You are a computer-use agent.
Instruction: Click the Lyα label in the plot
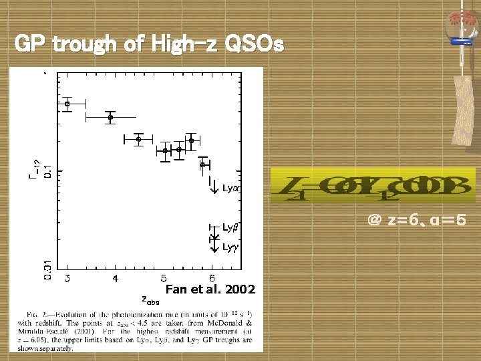[231, 189]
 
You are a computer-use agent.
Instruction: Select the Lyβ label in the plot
[231, 228]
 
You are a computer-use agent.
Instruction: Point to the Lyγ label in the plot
[230, 247]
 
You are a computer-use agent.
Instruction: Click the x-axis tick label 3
[67, 278]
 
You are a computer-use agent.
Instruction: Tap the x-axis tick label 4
[115, 278]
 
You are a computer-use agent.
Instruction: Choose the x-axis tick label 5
[164, 278]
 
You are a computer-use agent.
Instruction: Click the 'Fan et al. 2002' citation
[210, 289]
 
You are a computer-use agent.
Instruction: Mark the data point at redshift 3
[67, 104]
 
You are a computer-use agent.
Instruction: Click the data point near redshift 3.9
[111, 117]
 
